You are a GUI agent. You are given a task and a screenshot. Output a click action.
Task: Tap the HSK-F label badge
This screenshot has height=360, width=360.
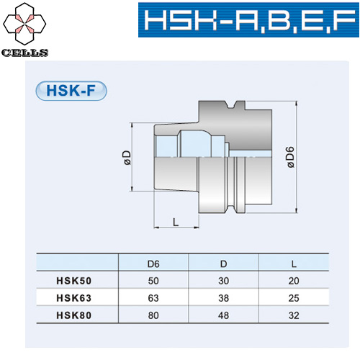71,92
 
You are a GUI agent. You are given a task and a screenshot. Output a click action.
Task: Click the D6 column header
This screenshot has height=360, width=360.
153,265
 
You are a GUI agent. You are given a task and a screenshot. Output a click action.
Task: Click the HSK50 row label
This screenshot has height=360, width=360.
74,281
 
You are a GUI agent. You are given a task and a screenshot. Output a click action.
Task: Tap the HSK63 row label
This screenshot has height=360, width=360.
74,297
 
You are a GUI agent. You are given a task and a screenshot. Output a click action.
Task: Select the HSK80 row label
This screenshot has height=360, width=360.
74,314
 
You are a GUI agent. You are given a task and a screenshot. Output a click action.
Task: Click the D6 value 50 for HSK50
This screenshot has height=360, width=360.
153,281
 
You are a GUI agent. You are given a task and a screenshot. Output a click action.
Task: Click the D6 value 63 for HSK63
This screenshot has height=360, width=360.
153,297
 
